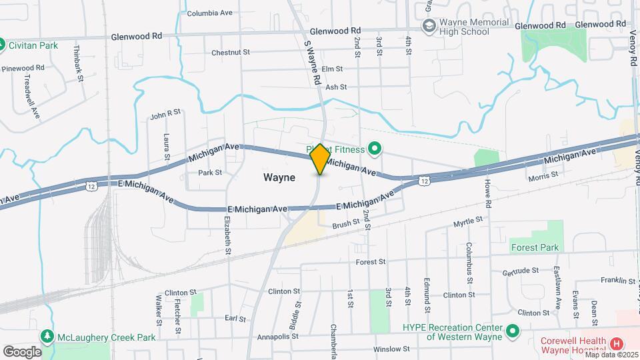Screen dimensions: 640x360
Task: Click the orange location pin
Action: coord(320,159)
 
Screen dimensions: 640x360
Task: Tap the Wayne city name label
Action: coord(279,178)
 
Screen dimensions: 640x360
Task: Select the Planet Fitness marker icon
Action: coord(375,149)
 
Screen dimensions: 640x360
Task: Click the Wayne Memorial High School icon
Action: coord(429,26)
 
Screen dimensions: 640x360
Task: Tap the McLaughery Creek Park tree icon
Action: coord(47,337)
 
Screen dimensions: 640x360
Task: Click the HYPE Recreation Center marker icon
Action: coord(513,331)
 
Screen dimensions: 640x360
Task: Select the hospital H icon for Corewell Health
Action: coord(617,343)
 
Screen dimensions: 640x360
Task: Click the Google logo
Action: coord(22,351)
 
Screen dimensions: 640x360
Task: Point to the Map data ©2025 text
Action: coord(609,355)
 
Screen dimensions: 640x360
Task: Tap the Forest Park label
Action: coord(535,247)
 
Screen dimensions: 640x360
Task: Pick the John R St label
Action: coord(165,114)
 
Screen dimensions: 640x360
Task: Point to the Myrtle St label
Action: coord(467,220)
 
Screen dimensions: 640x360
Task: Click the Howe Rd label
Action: coord(488,193)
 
